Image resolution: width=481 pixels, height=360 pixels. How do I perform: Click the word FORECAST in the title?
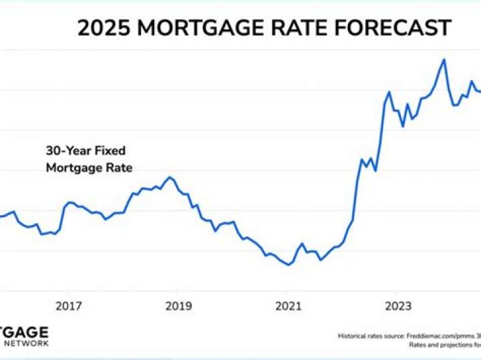click(x=394, y=28)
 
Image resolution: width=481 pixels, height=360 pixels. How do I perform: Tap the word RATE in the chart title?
click(x=295, y=28)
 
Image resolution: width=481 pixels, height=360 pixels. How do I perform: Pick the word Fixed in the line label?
click(x=110, y=150)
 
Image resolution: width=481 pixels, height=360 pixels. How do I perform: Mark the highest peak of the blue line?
click(x=444, y=59)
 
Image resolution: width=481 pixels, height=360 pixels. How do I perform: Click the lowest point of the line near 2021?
click(x=289, y=265)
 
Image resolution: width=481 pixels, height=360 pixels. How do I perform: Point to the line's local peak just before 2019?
click(x=170, y=177)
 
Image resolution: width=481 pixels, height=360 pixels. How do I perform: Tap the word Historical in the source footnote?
click(x=351, y=336)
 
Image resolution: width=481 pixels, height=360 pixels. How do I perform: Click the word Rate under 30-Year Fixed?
click(x=117, y=168)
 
